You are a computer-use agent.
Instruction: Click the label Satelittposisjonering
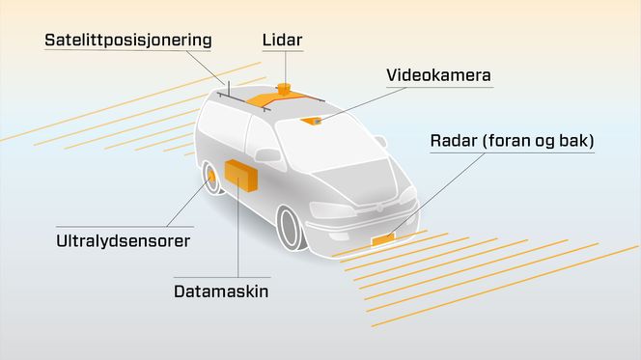tap(128, 41)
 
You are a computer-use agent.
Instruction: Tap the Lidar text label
tap(281, 41)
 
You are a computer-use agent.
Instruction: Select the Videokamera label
tap(439, 75)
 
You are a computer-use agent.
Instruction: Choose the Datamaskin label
tap(221, 291)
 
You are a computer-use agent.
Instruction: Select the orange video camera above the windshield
tap(311, 121)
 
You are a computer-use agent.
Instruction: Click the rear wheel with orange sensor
tap(210, 180)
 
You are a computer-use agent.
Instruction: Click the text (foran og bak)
tap(546, 142)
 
